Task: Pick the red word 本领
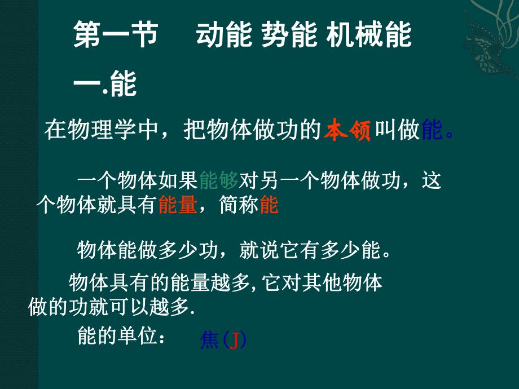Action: click(347, 131)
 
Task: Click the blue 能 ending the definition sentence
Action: click(432, 131)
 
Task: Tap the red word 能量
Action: click(178, 206)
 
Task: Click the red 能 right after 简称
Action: click(269, 206)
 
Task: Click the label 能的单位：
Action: click(121, 338)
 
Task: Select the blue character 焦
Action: click(209, 340)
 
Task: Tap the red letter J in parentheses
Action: click(233, 341)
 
